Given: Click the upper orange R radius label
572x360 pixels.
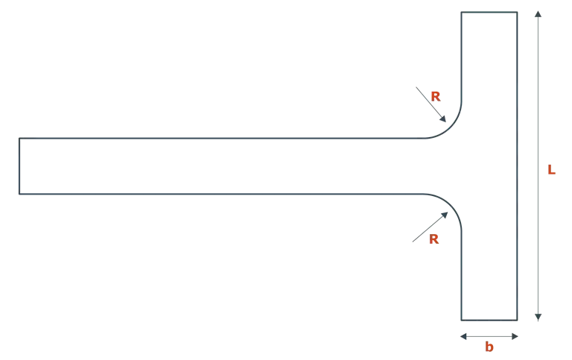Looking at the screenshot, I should (x=435, y=95).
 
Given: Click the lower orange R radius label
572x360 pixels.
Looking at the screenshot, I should (x=434, y=239).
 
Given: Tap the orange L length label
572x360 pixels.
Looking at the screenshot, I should (x=552, y=172).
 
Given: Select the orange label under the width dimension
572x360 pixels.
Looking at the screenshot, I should (x=489, y=346).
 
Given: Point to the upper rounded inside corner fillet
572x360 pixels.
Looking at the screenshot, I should (x=449, y=131).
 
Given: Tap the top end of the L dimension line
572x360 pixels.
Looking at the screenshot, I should (x=538, y=10).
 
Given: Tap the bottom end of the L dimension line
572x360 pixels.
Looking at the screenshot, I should (x=538, y=317).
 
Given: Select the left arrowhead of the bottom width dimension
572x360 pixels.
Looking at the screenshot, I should (x=464, y=336).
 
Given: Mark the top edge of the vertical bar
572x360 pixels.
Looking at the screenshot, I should (x=489, y=9).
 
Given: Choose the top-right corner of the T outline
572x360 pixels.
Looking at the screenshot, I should (x=516, y=9).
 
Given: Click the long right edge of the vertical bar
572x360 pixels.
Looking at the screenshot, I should (x=516, y=164).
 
